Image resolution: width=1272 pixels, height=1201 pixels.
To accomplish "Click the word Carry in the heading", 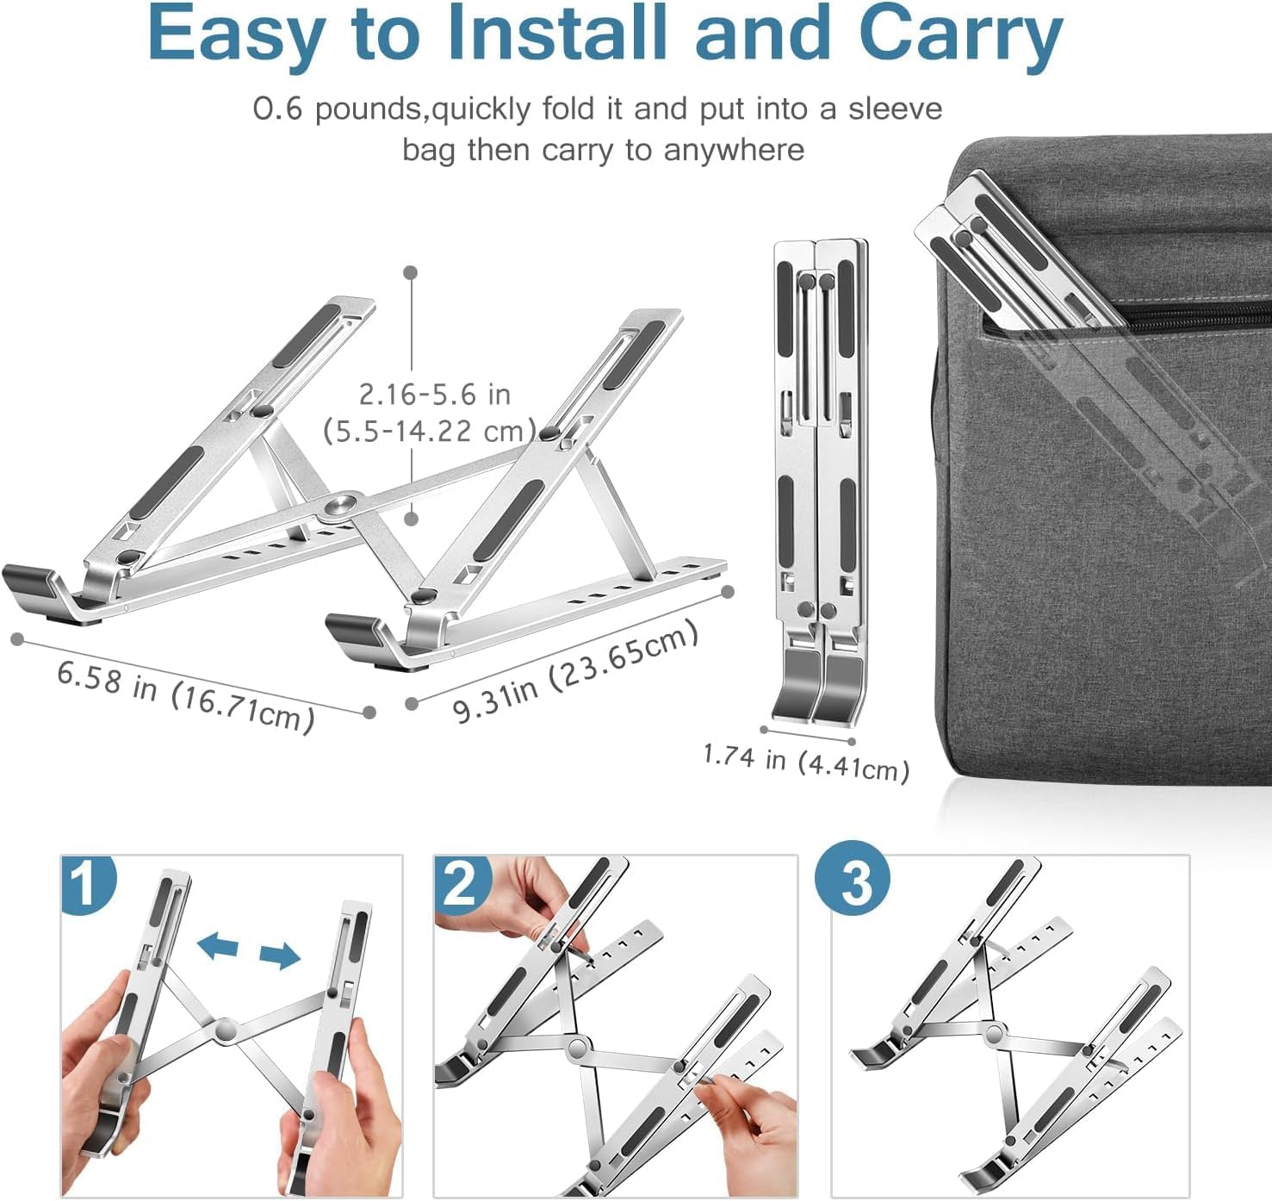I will coord(960,34).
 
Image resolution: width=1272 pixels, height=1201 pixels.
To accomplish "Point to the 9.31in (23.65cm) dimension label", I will coord(574,672).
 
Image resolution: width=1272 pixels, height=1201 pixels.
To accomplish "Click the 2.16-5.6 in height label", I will coord(434,395).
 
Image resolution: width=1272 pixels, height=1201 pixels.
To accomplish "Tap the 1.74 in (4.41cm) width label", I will coord(806,762).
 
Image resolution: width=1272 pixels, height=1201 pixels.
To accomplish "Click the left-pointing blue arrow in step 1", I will coord(217,946).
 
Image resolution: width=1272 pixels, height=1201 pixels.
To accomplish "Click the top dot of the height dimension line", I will coord(411,272).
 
